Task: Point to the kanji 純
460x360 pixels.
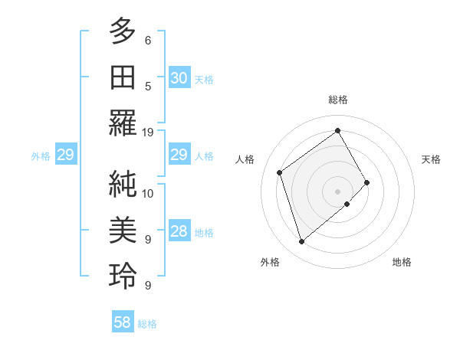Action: (x=123, y=184)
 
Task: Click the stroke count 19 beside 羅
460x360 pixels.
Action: (x=148, y=132)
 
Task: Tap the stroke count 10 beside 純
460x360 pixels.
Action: (x=148, y=193)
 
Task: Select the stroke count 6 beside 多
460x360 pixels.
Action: (x=148, y=40)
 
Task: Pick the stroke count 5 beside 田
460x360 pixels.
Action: (x=148, y=86)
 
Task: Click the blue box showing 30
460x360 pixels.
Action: (x=179, y=78)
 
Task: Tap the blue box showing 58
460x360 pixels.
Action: (x=123, y=322)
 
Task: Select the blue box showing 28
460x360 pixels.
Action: (x=179, y=231)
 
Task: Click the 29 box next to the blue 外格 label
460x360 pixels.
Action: (x=65, y=155)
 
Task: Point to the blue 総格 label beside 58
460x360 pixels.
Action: (x=147, y=324)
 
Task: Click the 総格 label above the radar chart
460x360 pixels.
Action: (x=337, y=100)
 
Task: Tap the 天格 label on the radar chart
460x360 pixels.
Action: (x=431, y=159)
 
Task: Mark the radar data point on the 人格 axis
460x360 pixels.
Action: (x=280, y=172)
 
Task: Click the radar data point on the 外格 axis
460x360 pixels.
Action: (x=301, y=242)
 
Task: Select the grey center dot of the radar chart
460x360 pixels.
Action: (x=337, y=190)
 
